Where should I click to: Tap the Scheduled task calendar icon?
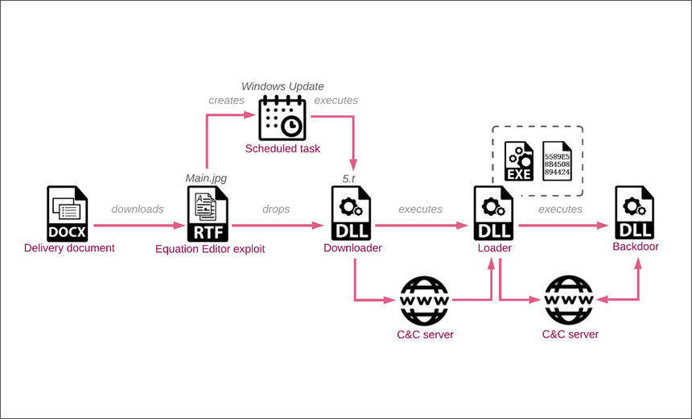tap(282, 118)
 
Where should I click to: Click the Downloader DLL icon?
tap(350, 213)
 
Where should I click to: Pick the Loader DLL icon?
tap(494, 213)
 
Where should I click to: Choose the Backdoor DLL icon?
tap(634, 213)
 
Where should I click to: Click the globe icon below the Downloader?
tap(424, 301)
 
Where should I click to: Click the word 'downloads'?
tap(137, 209)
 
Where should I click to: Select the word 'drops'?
tap(276, 209)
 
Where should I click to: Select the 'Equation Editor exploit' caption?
tap(210, 249)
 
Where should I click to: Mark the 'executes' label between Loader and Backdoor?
tap(560, 209)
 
